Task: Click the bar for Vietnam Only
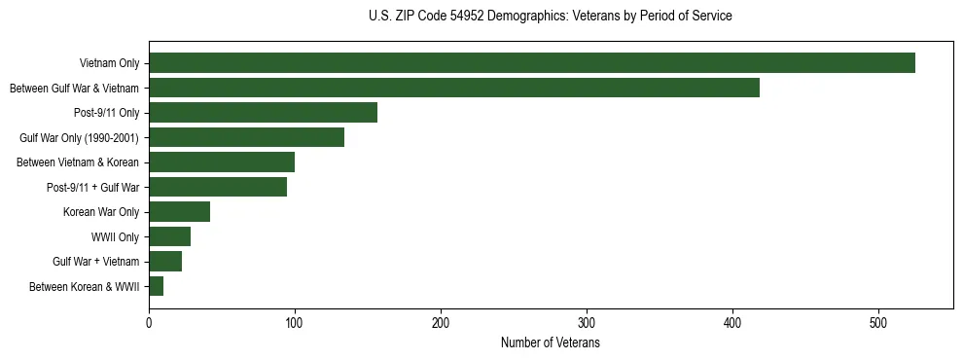point(532,63)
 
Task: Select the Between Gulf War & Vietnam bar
point(454,89)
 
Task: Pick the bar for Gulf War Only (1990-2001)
point(246,138)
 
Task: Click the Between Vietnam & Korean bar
point(222,162)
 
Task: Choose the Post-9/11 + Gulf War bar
point(218,188)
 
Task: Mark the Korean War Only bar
point(179,212)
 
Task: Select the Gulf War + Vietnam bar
point(165,262)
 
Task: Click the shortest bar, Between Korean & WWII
point(156,286)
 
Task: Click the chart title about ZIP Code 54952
point(551,16)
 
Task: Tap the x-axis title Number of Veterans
point(551,343)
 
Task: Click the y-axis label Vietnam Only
point(109,64)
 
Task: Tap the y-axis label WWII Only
point(115,237)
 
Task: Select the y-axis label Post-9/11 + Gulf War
point(92,188)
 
